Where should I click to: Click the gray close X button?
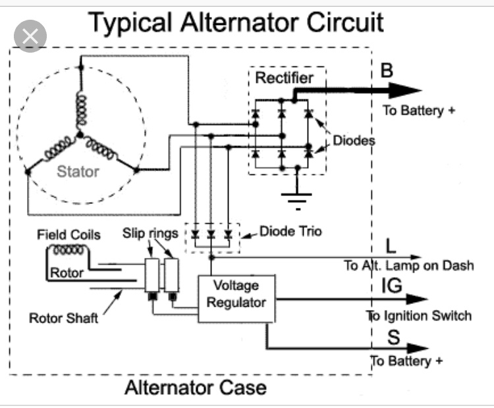30,36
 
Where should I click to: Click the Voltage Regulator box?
236,299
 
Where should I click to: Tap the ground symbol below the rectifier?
297,198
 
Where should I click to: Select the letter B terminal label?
387,70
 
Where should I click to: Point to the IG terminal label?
392,286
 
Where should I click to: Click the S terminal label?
393,337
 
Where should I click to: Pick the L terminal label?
391,246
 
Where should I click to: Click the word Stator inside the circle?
78,172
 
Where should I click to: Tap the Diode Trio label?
290,232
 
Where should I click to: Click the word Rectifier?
284,78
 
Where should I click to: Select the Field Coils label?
69,234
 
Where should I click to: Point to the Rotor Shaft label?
63,318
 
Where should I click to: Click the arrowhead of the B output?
406,90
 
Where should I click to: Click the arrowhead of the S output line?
418,348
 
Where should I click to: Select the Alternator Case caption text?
196,388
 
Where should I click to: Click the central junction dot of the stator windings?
80,135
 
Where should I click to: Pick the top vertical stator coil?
81,110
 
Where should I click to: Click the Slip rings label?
150,234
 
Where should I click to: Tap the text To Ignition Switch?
419,316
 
